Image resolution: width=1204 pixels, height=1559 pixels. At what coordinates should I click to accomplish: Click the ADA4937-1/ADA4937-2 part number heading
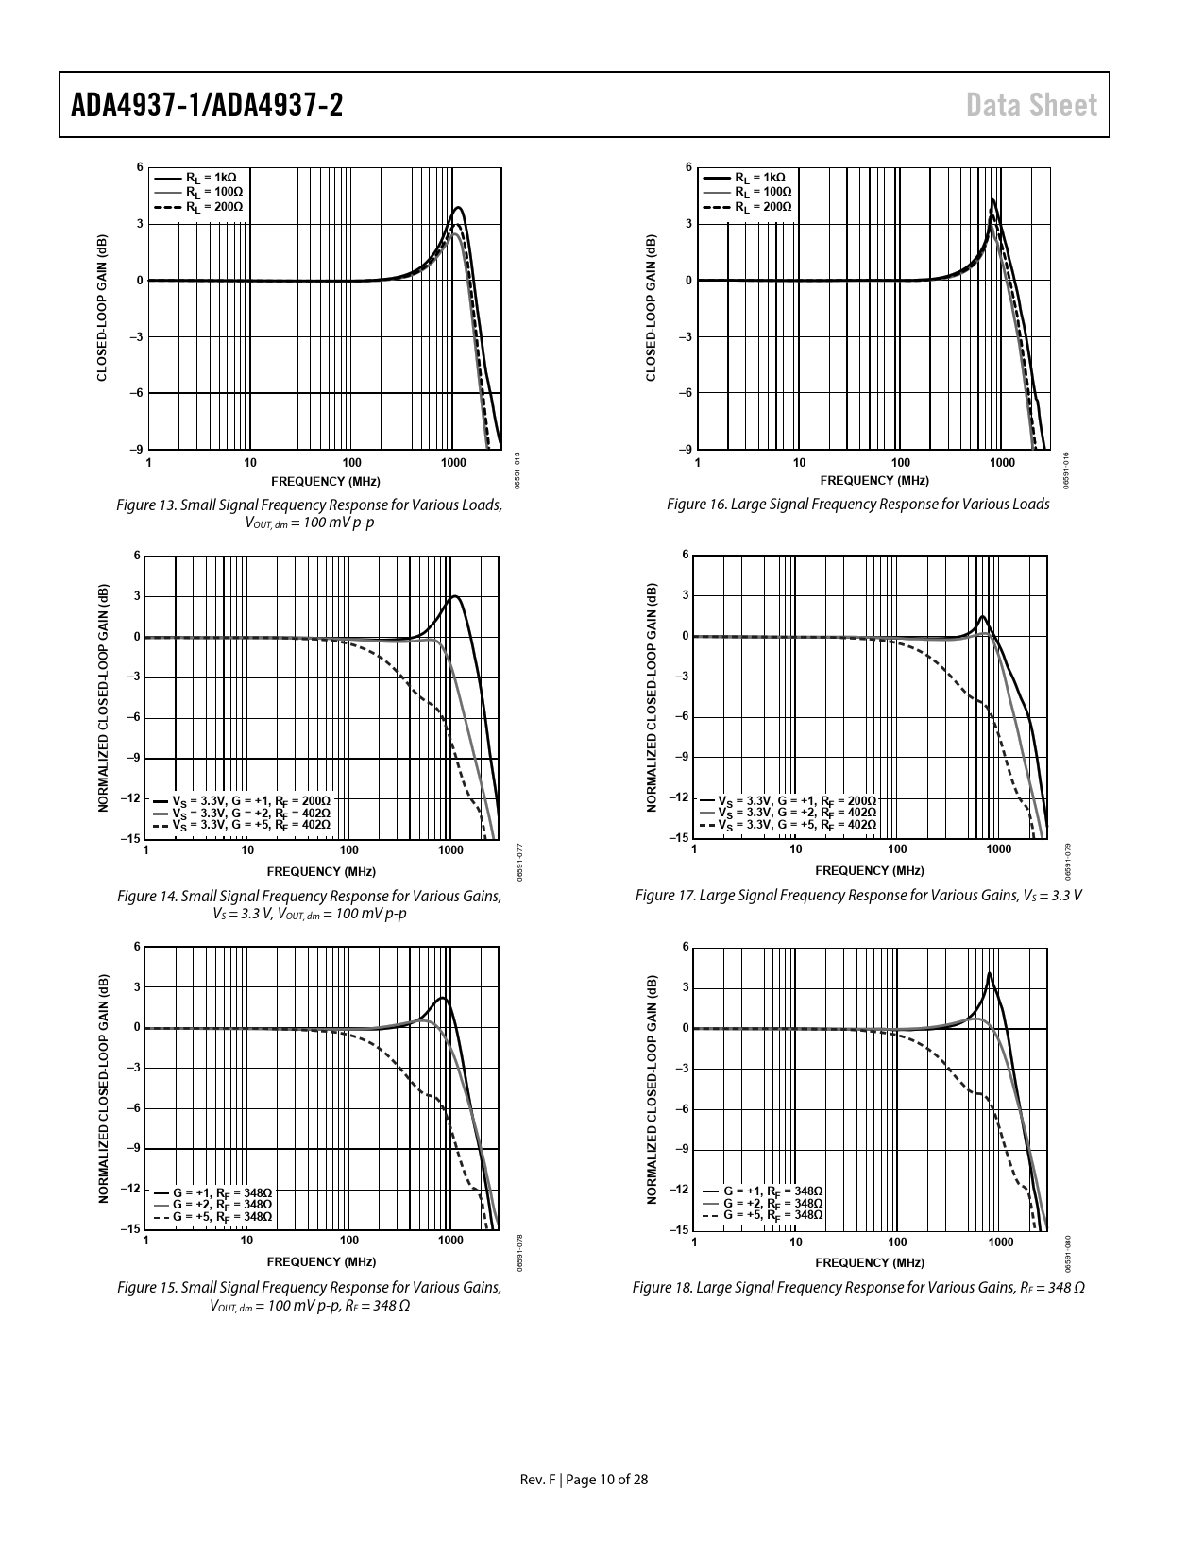coord(207,106)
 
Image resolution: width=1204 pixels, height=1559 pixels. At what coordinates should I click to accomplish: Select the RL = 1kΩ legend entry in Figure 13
coord(211,178)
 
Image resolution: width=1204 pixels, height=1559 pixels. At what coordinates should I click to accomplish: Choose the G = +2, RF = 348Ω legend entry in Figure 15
coord(222,1205)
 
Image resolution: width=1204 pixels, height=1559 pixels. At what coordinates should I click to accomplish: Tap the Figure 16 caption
coord(857,505)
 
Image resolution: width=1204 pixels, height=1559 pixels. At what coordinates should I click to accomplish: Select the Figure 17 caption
coord(858,895)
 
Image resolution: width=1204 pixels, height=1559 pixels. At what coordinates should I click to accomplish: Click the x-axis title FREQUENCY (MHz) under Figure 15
coord(321,1261)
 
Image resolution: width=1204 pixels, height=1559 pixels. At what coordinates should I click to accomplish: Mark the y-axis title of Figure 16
coord(650,308)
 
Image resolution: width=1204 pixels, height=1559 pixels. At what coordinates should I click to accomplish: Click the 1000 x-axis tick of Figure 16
coord(1002,463)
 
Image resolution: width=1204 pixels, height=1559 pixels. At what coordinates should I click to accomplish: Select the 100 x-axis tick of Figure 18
coord(897,1242)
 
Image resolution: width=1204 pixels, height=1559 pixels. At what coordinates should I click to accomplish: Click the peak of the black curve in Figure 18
coord(989,973)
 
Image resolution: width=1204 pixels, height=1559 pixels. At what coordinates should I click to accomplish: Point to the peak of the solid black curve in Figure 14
coord(456,596)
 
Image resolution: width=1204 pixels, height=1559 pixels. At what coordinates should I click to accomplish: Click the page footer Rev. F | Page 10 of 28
coord(585,1480)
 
